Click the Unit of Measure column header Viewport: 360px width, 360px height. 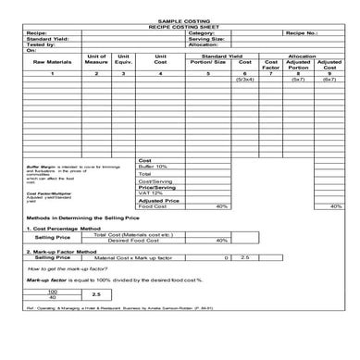(96, 61)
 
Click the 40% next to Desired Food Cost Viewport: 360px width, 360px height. (222, 241)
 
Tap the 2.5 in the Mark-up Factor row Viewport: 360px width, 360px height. (245, 257)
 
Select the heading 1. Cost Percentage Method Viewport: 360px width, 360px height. (62, 227)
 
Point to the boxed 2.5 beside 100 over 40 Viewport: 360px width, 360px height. (96, 293)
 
